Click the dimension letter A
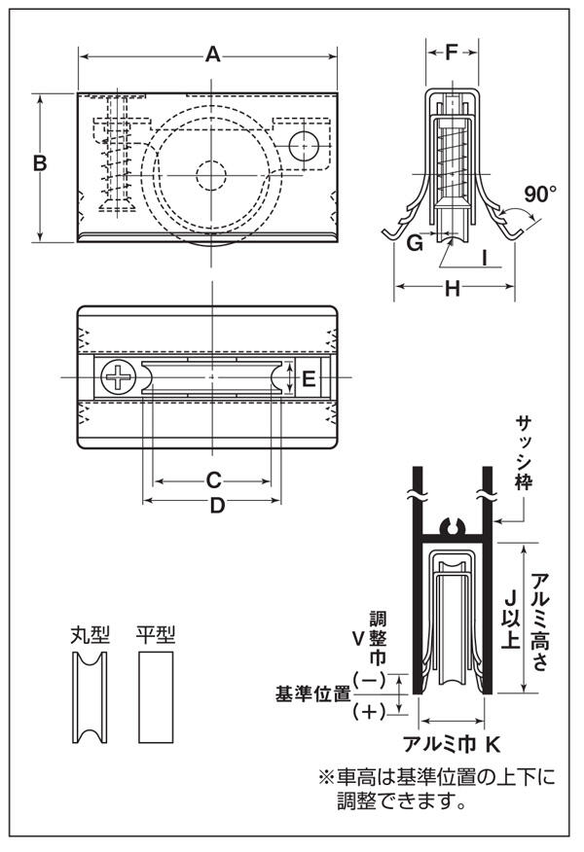point(211,55)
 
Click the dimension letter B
point(40,163)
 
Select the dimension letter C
point(215,479)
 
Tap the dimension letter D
point(217,505)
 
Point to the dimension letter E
point(308,378)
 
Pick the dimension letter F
point(451,53)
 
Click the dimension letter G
point(415,243)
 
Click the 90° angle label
point(539,193)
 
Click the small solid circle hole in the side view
point(305,145)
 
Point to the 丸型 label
point(90,635)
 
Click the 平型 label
point(156,635)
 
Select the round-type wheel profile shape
point(90,696)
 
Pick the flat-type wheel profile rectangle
point(156,696)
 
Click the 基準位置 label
point(312,694)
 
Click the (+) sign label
point(370,711)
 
